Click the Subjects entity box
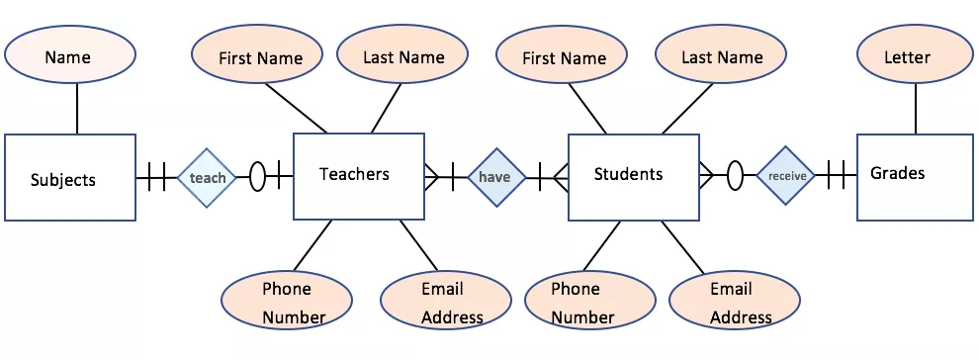(70, 178)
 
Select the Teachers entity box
(359, 176)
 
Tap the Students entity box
(633, 176)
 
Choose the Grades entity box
(915, 176)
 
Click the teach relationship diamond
(208, 178)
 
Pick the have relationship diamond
(495, 177)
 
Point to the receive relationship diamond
(787, 176)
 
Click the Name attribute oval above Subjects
(69, 56)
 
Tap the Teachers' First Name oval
(259, 56)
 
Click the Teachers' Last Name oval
(403, 56)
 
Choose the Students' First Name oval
(563, 56)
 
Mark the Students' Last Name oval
(722, 56)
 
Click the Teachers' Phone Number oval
(287, 302)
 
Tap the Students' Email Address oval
(734, 302)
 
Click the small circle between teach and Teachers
(258, 178)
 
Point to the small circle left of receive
(735, 176)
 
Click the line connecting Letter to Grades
(915, 109)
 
